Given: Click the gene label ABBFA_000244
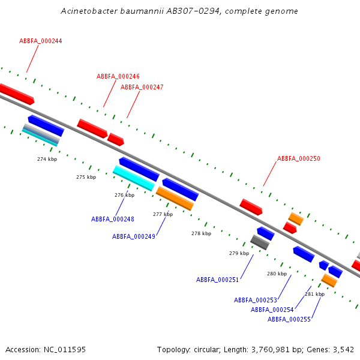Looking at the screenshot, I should [x=41, y=41].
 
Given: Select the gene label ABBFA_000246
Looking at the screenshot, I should [x=118, y=77].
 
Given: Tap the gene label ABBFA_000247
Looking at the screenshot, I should [x=142, y=88].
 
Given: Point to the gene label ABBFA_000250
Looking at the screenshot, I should [x=299, y=159].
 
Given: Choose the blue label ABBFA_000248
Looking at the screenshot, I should [x=113, y=220].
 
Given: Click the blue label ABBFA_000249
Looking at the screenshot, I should [x=134, y=237].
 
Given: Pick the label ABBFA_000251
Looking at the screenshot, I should [x=218, y=280].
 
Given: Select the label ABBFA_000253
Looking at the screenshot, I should [x=256, y=300].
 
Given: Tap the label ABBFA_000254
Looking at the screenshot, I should [x=272, y=310].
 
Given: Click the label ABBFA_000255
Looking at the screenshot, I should [x=289, y=320].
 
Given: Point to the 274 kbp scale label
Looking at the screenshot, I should [x=47, y=160].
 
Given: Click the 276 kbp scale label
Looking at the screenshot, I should [x=124, y=196].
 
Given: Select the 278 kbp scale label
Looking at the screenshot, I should [x=201, y=234].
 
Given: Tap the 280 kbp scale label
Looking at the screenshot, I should [x=277, y=274].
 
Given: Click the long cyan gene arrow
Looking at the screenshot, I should [x=133, y=178].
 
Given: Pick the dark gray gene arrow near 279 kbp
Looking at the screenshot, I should [x=259, y=242].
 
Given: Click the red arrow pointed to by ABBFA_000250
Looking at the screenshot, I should [x=251, y=207].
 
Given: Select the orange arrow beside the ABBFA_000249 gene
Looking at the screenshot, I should [x=175, y=199].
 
